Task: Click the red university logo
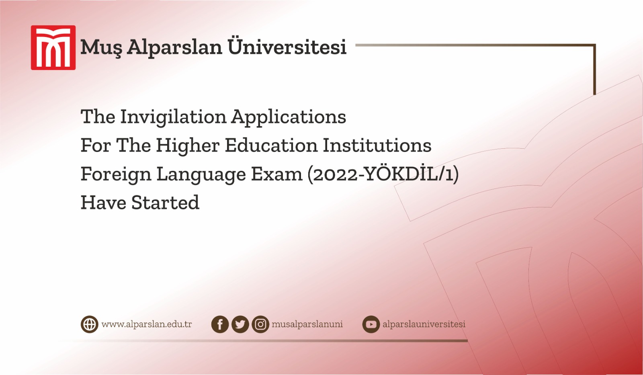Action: (x=53, y=48)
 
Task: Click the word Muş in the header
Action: (x=100, y=47)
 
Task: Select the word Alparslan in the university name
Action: (x=174, y=47)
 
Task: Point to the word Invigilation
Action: (x=173, y=117)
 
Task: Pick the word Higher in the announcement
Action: (x=188, y=145)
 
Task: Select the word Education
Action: (x=271, y=145)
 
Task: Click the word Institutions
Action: (x=377, y=145)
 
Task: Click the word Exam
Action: (x=276, y=174)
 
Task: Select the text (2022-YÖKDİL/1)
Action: (x=383, y=174)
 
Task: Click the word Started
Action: (x=165, y=203)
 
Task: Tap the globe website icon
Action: (x=89, y=324)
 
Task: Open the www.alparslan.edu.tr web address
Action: (x=147, y=324)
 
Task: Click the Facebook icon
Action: (x=220, y=324)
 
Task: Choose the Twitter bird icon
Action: (x=240, y=324)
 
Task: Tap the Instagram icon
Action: (x=260, y=324)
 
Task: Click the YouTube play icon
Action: (x=371, y=324)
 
